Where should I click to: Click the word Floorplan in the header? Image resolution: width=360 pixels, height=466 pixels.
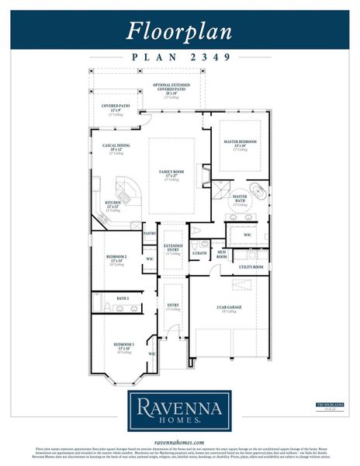179,30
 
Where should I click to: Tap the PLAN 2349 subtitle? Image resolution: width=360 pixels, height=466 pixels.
179,57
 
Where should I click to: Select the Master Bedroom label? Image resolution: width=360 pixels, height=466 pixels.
241,141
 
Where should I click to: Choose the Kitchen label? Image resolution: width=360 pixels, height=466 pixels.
113,203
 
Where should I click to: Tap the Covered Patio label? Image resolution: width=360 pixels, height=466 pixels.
116,106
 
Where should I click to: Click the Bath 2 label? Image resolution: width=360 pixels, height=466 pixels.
123,297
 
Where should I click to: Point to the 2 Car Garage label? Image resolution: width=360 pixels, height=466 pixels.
229,307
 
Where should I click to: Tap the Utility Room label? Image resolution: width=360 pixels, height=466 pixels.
251,266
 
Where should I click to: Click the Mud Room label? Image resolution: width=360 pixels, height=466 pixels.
221,254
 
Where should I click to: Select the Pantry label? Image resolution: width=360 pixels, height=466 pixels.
151,232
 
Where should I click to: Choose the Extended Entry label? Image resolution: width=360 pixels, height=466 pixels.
172,248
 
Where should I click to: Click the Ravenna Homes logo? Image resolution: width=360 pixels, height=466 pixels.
179,410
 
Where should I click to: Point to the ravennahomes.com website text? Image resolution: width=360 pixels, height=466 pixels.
179,440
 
